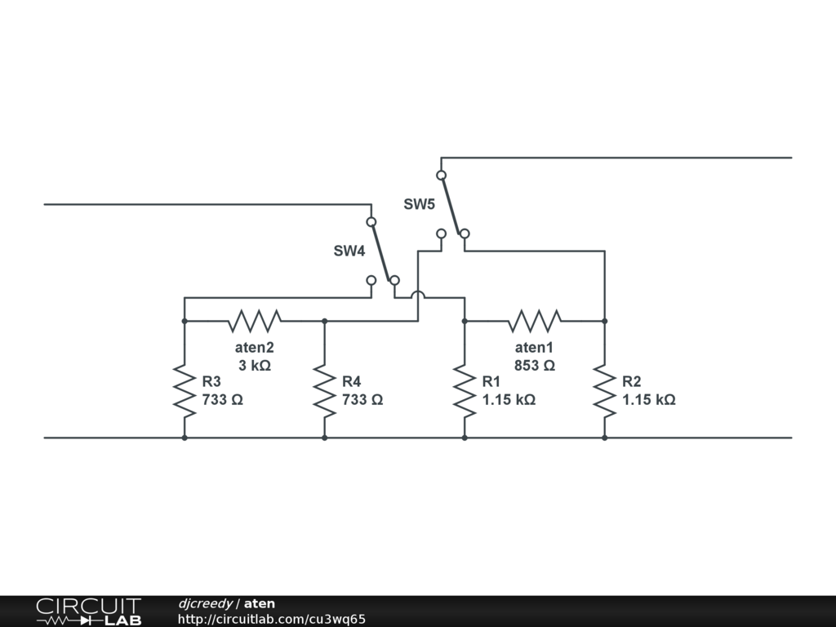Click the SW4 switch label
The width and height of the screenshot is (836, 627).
point(349,251)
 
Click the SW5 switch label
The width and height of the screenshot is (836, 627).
point(419,204)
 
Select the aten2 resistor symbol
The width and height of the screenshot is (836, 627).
point(255,321)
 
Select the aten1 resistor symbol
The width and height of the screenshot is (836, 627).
point(534,321)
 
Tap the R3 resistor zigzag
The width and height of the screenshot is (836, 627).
point(185,391)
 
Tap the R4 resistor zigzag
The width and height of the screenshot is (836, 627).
point(325,391)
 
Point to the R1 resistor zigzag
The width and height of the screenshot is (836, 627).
point(465,391)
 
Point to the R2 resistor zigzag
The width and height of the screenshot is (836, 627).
point(604,391)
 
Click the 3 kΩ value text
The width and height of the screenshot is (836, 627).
point(255,366)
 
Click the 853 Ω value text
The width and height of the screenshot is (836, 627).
point(535,366)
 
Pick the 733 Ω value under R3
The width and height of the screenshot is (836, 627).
point(223,400)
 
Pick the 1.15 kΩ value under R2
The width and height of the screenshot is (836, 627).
point(648,400)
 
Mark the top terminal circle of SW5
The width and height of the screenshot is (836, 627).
point(441,175)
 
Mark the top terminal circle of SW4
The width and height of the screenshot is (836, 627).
point(371,222)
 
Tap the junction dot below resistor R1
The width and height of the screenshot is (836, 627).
point(465,438)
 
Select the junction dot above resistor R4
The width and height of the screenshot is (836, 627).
point(325,321)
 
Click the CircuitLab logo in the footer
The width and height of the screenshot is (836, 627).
point(88,611)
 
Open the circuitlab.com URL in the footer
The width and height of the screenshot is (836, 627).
point(271,619)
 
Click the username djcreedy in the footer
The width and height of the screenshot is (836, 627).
point(205,603)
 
